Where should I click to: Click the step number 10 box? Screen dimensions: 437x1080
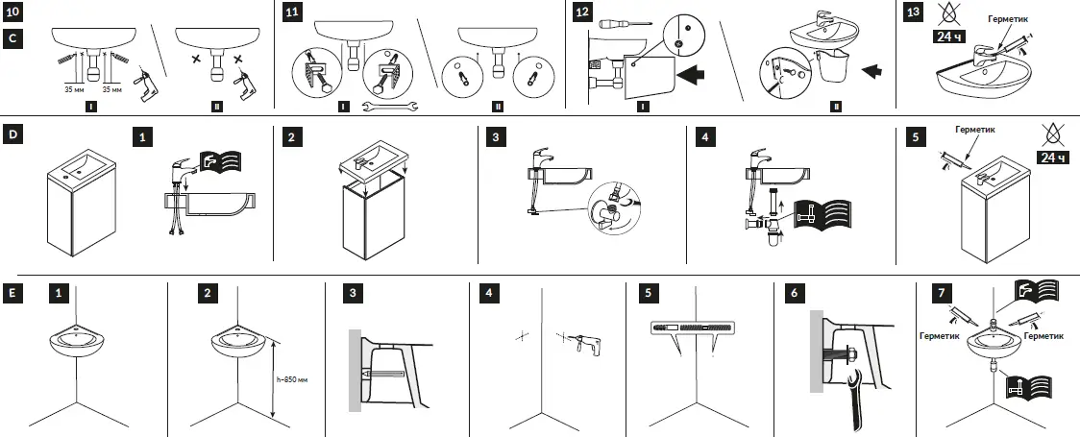12,12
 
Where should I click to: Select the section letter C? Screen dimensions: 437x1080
12,38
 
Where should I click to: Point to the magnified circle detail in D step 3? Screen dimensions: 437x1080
613,205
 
